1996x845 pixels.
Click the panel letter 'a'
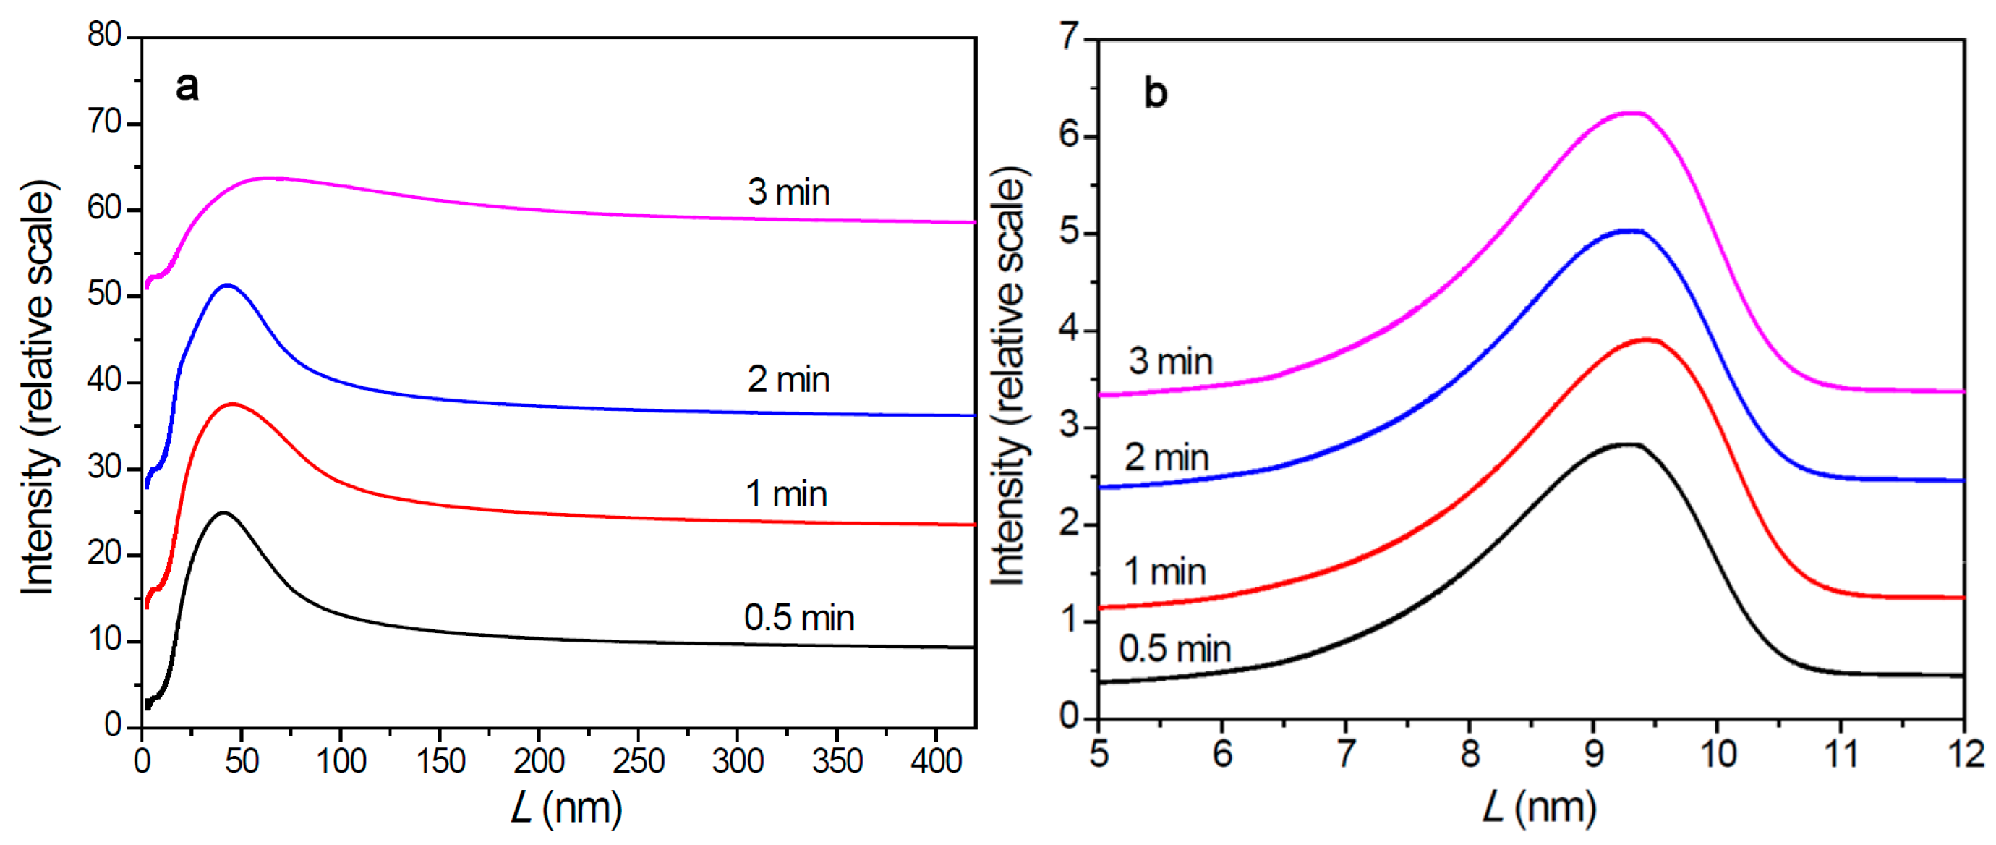[x=187, y=87]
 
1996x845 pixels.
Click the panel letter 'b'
[x=1156, y=95]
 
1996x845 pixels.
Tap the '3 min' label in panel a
[x=788, y=192]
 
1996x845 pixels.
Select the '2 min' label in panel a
[x=788, y=380]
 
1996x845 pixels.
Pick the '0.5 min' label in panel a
[x=799, y=618]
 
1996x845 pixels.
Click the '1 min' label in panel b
[x=1164, y=572]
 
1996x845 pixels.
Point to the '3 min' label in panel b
[x=1170, y=361]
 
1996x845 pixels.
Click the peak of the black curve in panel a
[x=223, y=512]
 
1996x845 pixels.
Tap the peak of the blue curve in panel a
[x=227, y=284]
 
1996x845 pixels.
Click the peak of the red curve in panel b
[x=1647, y=339]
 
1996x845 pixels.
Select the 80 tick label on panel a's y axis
[x=105, y=35]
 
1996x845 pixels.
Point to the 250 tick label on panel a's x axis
[x=638, y=761]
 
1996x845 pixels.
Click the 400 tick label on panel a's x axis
[x=936, y=761]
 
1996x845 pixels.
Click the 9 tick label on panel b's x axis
[x=1593, y=755]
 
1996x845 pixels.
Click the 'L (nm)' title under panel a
[x=566, y=809]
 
